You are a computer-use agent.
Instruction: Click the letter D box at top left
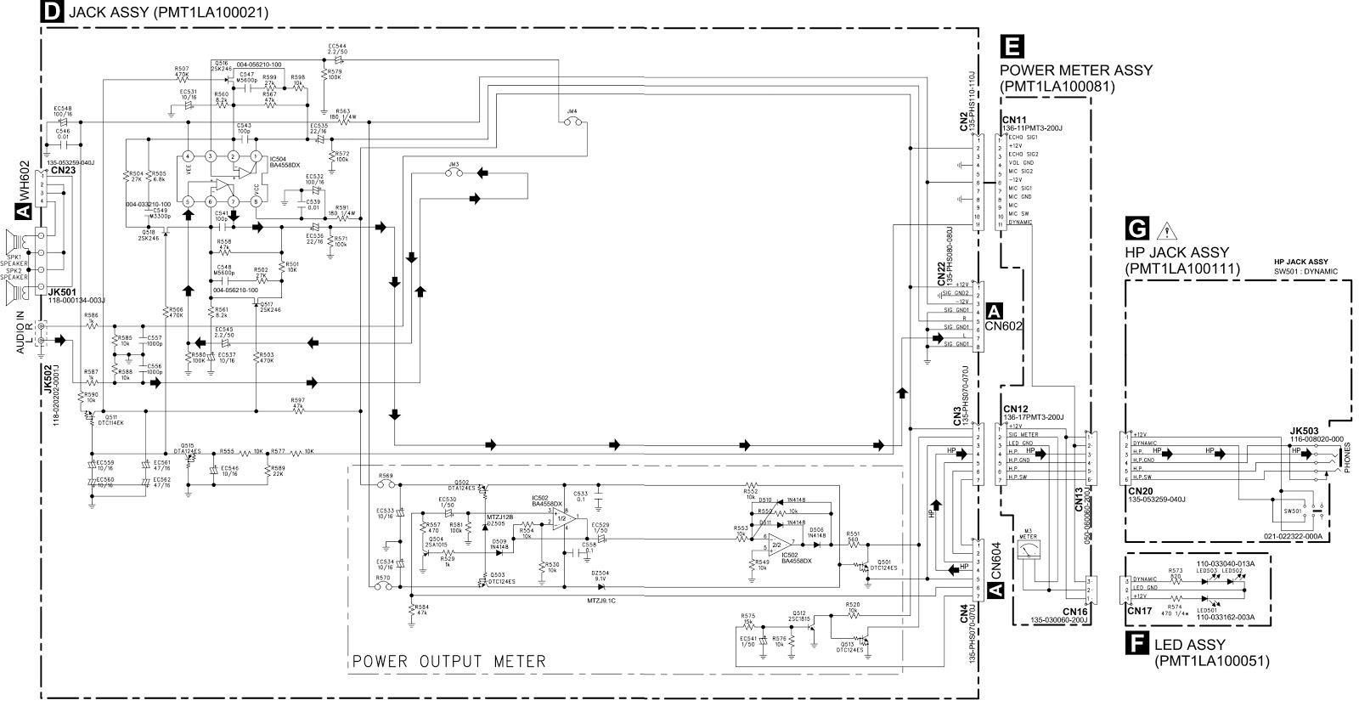pos(53,12)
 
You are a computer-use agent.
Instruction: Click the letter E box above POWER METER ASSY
pos(1012,47)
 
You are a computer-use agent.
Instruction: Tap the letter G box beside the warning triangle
pos(1136,229)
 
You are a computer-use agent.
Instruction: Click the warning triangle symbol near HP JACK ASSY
pos(1164,229)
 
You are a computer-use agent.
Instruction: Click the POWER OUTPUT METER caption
pos(449,661)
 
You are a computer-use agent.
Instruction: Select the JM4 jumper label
pos(572,111)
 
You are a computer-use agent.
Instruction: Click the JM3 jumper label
pos(453,163)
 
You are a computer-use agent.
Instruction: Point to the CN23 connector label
pos(60,170)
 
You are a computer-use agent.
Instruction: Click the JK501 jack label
pos(63,291)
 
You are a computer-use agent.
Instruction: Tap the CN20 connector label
pos(1140,490)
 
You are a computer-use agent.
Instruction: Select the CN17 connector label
pos(1138,609)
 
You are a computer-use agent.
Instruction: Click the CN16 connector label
pos(1074,611)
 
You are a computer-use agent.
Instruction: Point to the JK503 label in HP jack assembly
pos(1304,430)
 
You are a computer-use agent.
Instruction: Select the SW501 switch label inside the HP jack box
pos(1293,511)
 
